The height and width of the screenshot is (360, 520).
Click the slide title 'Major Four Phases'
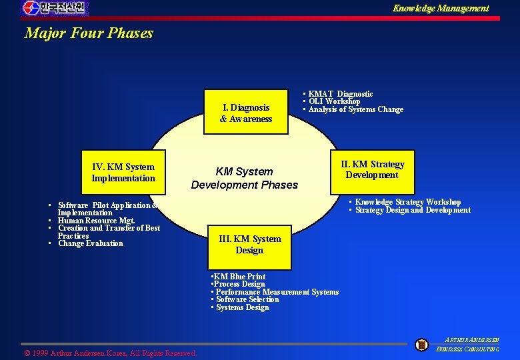(x=89, y=33)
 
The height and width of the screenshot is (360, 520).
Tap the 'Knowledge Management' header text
(x=440, y=9)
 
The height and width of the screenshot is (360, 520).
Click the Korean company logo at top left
(x=54, y=8)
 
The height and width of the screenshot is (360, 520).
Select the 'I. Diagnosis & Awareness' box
(x=246, y=113)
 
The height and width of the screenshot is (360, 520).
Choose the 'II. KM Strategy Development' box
(x=372, y=169)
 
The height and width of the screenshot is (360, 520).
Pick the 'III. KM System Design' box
(x=249, y=244)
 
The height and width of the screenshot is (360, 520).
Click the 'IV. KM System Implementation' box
(x=123, y=173)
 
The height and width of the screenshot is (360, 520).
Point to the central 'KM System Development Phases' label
(x=245, y=178)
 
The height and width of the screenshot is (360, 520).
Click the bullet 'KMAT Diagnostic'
(x=340, y=94)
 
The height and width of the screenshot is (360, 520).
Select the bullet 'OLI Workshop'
(x=334, y=101)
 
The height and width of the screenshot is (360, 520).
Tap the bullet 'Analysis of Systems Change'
(x=355, y=109)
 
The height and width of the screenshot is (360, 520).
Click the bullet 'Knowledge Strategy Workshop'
(x=407, y=202)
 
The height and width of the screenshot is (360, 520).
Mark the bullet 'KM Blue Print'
(x=238, y=276)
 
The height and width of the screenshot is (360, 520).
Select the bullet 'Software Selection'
(x=247, y=299)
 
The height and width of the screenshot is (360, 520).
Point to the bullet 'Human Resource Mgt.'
(x=96, y=220)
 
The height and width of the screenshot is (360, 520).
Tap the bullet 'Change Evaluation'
(x=91, y=243)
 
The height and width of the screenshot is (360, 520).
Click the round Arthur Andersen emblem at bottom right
(x=421, y=345)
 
